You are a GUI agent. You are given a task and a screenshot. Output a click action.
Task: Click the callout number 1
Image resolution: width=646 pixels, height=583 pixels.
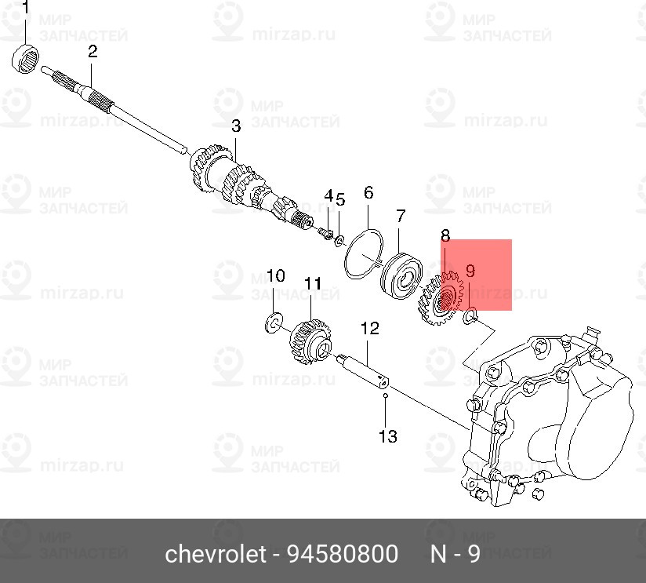(x=25, y=9)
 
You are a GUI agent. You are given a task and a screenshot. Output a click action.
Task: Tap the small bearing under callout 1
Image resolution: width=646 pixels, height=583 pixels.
(x=25, y=58)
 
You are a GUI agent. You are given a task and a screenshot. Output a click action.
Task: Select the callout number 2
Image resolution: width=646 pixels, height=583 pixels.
(x=93, y=52)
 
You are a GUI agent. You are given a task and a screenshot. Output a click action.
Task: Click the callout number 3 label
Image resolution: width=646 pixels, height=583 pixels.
(x=235, y=126)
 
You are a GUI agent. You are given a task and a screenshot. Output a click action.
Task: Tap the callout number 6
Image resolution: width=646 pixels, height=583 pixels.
(x=368, y=192)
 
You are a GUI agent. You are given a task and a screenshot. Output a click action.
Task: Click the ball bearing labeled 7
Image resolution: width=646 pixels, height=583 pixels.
(x=403, y=270)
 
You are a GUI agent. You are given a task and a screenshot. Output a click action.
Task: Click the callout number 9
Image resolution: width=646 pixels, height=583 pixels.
(x=470, y=271)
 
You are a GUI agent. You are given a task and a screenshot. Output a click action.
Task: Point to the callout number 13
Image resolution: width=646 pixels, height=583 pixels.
(x=388, y=435)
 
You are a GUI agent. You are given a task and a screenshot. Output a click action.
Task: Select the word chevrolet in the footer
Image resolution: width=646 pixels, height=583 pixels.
(x=214, y=555)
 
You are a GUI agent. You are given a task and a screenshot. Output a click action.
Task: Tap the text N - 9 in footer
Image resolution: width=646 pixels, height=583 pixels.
(x=455, y=555)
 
